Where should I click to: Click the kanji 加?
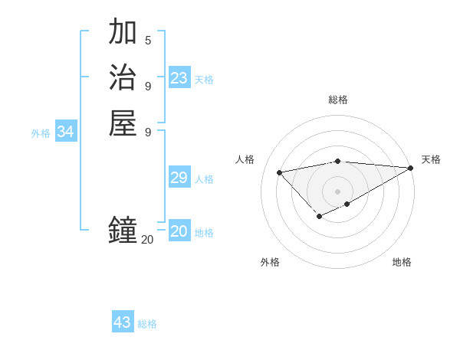coord(123,32)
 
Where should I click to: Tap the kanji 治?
coord(123,78)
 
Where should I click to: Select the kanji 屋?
coord(123,123)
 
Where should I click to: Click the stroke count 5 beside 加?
coord(148,40)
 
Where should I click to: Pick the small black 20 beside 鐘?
coord(147,239)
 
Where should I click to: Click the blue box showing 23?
coord(179,78)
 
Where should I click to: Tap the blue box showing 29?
coord(179,178)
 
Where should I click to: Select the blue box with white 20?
coord(179,231)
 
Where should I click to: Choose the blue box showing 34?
coord(66,132)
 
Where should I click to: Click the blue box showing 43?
coord(123,322)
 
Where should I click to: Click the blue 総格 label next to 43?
coord(147,324)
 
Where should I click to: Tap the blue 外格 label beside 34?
coord(41,133)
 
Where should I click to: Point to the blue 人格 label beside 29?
coord(204,179)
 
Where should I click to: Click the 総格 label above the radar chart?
coord(338,100)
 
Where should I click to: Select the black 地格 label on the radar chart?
coord(402,262)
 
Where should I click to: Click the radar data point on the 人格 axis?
coord(280,172)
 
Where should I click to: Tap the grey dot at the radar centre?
coord(338,191)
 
